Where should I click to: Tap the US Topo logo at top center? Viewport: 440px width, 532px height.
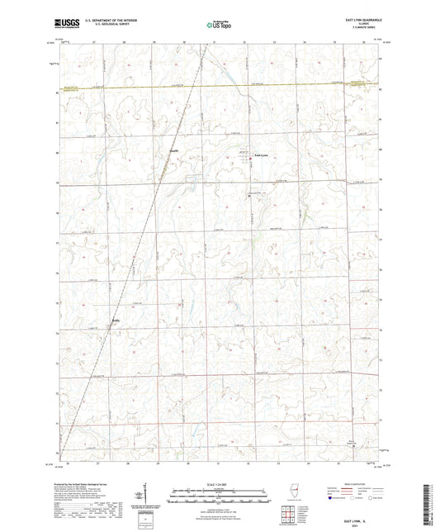(x=219, y=25)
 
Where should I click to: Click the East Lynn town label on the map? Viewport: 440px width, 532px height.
(x=259, y=154)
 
